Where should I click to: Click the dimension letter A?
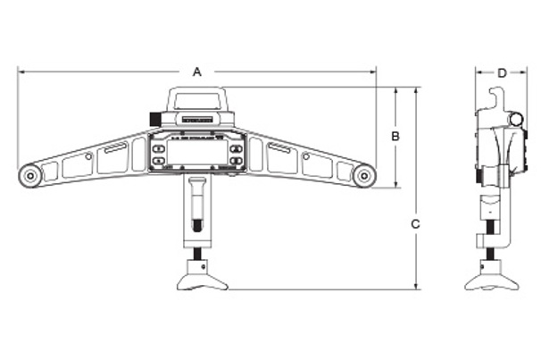[197, 71]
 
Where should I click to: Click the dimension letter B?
[395, 136]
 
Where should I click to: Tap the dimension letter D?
[502, 71]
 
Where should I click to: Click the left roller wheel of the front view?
[30, 176]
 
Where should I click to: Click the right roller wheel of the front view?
[363, 176]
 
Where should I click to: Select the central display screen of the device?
[196, 153]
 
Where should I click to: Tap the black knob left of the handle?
[154, 118]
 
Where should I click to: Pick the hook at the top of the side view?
[493, 96]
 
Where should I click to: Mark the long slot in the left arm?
[115, 150]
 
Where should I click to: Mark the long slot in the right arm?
[278, 149]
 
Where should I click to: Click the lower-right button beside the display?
[236, 161]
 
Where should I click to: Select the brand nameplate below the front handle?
[196, 118]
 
